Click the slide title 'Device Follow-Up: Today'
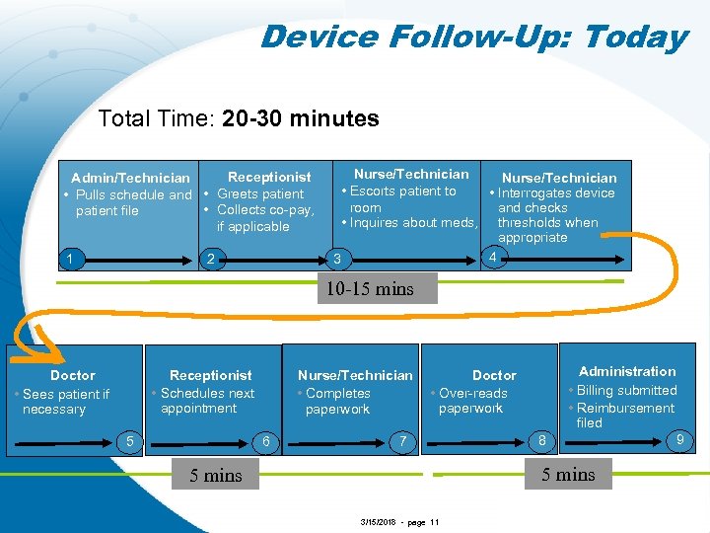[473, 38]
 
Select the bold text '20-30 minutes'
[301, 119]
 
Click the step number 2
[209, 259]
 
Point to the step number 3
[336, 260]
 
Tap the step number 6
[266, 441]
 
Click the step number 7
[400, 441]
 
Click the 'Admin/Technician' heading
[130, 178]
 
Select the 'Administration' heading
[627, 371]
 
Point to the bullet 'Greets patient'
[259, 193]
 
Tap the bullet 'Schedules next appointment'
[207, 401]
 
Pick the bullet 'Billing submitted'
[626, 390]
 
